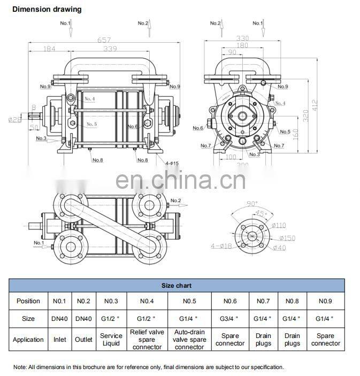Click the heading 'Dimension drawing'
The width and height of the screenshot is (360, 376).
pyautogui.click(x=47, y=9)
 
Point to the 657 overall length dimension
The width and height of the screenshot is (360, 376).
pyautogui.click(x=103, y=40)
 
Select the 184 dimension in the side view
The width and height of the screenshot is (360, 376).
pyautogui.click(x=49, y=49)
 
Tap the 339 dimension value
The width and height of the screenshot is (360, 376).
pyautogui.click(x=111, y=49)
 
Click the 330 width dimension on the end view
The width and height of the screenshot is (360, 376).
pyautogui.click(x=242, y=38)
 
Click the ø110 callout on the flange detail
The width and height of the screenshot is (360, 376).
pyautogui.click(x=280, y=226)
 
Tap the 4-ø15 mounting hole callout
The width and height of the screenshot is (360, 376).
pyautogui.click(x=172, y=163)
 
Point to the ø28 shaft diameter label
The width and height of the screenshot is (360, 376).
pyautogui.click(x=15, y=119)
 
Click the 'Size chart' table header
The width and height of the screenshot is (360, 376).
pyautogui.click(x=177, y=286)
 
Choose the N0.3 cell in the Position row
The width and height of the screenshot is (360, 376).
pyautogui.click(x=111, y=301)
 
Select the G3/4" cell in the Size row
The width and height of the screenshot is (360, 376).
pyautogui.click(x=230, y=319)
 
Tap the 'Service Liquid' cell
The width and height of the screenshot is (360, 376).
pyautogui.click(x=111, y=340)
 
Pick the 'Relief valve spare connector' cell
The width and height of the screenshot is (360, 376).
pyautogui.click(x=147, y=340)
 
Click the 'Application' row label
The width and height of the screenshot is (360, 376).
pyautogui.click(x=28, y=340)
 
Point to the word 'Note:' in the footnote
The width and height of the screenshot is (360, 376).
pyautogui.click(x=20, y=367)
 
